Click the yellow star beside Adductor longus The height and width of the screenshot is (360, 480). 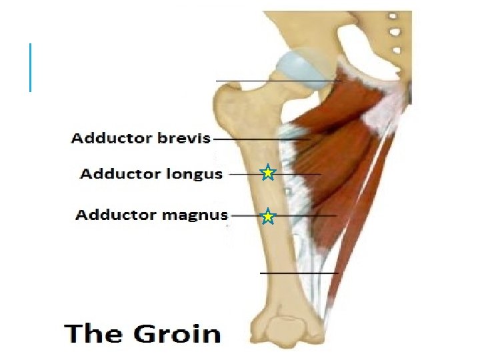tap(267, 173)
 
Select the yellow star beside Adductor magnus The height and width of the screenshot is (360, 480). tap(267, 216)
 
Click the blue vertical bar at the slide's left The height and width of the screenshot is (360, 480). tap(31, 67)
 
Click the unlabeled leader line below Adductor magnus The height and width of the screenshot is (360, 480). tap(299, 273)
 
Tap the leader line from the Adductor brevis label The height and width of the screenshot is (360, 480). tap(260, 139)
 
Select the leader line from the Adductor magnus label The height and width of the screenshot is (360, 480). tap(300, 216)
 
